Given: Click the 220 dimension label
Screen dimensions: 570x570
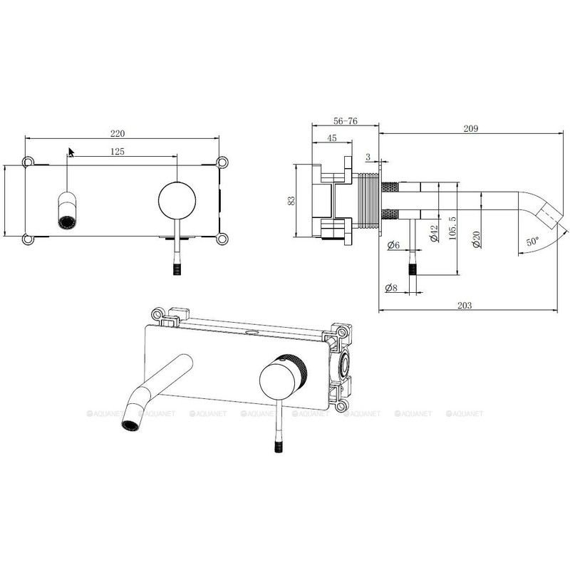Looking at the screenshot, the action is (118, 133).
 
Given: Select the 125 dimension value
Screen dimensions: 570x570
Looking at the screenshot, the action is (117, 151).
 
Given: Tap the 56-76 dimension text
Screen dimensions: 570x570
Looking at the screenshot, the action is (346, 120).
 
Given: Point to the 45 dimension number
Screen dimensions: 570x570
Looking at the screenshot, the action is (332, 138).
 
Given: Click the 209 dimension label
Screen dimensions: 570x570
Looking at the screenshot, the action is (471, 128).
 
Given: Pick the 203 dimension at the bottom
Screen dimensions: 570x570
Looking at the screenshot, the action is (465, 305).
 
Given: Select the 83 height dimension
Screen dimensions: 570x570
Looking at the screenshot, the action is (291, 201).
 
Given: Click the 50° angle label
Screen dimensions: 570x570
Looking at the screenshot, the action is (533, 241).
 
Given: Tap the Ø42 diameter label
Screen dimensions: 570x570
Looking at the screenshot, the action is (434, 234).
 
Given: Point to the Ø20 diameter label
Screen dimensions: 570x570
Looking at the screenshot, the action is (477, 239).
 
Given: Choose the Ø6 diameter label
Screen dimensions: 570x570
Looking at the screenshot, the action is (393, 245).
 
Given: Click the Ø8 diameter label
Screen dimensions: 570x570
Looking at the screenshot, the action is (391, 288).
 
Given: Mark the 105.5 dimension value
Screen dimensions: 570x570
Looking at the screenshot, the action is (452, 228).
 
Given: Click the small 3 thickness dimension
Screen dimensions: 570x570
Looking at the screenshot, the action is (368, 157).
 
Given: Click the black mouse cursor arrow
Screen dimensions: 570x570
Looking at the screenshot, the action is (71, 152).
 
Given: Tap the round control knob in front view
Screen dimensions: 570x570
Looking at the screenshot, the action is (177, 201).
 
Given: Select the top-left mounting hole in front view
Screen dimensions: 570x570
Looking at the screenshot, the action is (28, 162).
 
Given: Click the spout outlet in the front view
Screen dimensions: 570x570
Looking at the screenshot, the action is (67, 222).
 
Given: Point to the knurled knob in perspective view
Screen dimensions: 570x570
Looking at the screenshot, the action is (283, 376).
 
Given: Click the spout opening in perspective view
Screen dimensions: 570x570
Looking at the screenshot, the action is (130, 425).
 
